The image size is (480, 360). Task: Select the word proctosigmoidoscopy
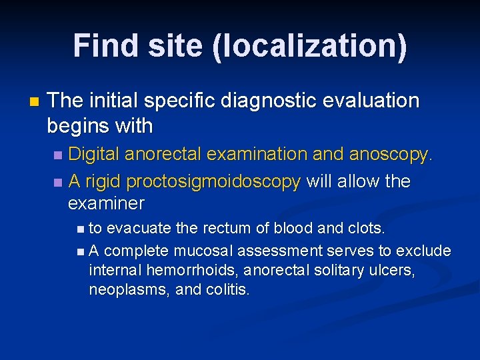(213, 181)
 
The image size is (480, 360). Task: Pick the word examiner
(107, 203)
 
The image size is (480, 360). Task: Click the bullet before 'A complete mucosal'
(81, 251)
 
